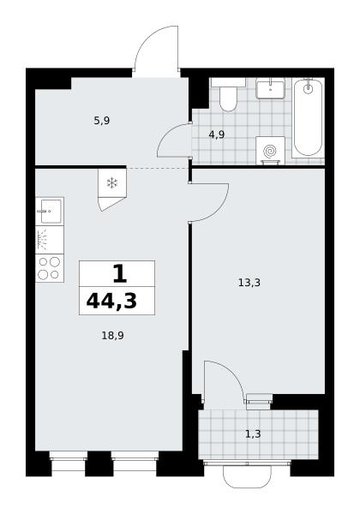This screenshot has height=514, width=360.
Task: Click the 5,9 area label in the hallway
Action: (102, 121)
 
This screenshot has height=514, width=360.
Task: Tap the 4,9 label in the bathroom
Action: (217, 134)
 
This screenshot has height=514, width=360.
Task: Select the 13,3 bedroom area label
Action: (249, 282)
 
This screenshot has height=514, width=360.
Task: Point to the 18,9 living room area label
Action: (113, 335)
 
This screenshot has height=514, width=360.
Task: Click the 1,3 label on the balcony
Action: (253, 434)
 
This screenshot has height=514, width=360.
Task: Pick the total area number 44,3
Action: (111, 301)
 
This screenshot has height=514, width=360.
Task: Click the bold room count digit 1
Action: (120, 274)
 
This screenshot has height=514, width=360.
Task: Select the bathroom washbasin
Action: (270, 88)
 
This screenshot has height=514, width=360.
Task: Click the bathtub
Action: (308, 117)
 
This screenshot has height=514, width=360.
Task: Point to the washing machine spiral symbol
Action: (270, 151)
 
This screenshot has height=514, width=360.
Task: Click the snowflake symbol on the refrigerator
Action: (112, 183)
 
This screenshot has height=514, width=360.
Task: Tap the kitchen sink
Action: (50, 211)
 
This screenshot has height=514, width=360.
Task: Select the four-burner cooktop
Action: (50, 268)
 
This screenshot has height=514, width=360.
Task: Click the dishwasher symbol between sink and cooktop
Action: (50, 240)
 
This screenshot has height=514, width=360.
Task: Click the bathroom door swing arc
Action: (167, 134)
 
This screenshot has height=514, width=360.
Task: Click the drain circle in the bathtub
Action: (308, 88)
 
